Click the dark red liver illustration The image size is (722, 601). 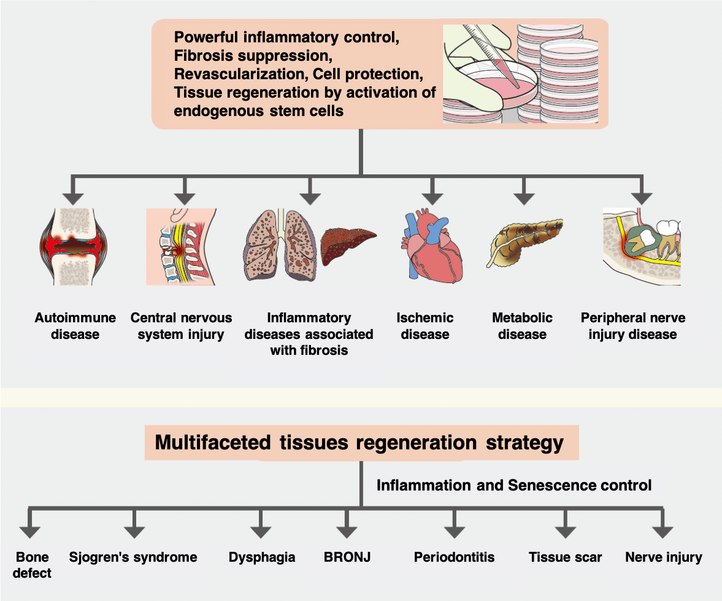[x=348, y=246]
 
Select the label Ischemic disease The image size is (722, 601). [x=425, y=326]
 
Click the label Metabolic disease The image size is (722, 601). [x=522, y=326]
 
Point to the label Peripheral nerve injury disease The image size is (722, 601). [x=632, y=326]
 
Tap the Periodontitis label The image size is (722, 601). [x=454, y=557]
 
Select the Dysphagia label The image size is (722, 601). [x=262, y=557]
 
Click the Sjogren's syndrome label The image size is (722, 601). [x=132, y=557]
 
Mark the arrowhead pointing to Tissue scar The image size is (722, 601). [x=564, y=532]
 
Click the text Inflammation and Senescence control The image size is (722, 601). [x=513, y=486]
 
